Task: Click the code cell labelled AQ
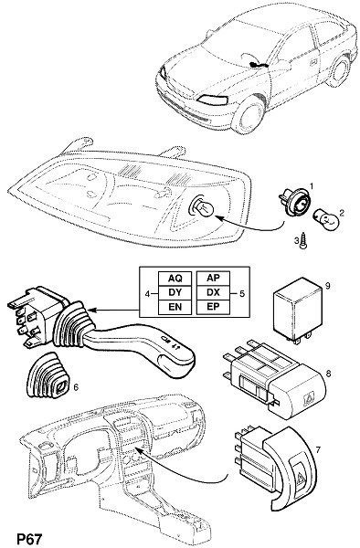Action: pyautogui.click(x=175, y=279)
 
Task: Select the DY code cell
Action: pyautogui.click(x=175, y=292)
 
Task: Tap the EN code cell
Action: pyautogui.click(x=175, y=307)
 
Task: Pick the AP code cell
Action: pyautogui.click(x=213, y=279)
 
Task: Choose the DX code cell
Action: pyautogui.click(x=213, y=292)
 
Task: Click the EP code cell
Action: pyautogui.click(x=213, y=307)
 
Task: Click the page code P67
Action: pyautogui.click(x=29, y=539)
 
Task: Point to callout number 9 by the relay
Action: pyautogui.click(x=327, y=286)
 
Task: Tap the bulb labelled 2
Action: pyautogui.click(x=327, y=219)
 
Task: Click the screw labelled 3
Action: pyautogui.click(x=303, y=241)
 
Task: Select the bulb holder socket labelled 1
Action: pyautogui.click(x=295, y=203)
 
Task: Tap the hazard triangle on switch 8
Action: pyautogui.click(x=310, y=399)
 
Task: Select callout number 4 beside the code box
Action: pyautogui.click(x=147, y=294)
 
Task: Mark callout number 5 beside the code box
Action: pyautogui.click(x=242, y=293)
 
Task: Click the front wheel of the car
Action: pyautogui.click(x=249, y=115)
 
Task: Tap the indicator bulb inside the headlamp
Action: pyautogui.click(x=202, y=208)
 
